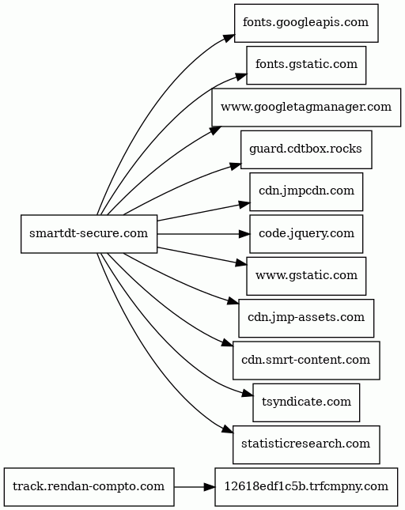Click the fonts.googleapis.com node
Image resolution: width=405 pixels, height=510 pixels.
306,23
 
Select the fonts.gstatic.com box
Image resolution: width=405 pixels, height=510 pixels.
306,65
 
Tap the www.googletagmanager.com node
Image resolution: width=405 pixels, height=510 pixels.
306,108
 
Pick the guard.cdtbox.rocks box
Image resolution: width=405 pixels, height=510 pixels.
306,149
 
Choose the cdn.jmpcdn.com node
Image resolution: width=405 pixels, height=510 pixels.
306,191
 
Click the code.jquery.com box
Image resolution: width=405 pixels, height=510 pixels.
306,234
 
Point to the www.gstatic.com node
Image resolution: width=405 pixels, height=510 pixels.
306,276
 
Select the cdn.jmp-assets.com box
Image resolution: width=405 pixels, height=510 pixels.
306,318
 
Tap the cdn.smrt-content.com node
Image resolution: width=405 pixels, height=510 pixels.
306,361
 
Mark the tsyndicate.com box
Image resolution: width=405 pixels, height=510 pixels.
306,402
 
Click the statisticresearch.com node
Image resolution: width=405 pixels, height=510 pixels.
306,444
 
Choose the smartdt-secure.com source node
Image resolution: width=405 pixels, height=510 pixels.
89,234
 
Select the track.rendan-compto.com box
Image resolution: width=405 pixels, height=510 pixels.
89,487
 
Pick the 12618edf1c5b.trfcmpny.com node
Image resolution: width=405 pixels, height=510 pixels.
306,487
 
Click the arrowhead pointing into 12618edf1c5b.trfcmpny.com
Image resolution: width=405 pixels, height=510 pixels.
210,487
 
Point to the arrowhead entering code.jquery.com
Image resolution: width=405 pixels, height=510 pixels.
244,234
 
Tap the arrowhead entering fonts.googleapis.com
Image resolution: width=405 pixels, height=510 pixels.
229,37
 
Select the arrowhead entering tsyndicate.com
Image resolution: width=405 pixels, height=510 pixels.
248,394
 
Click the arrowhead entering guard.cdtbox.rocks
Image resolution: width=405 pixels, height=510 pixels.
235,166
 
